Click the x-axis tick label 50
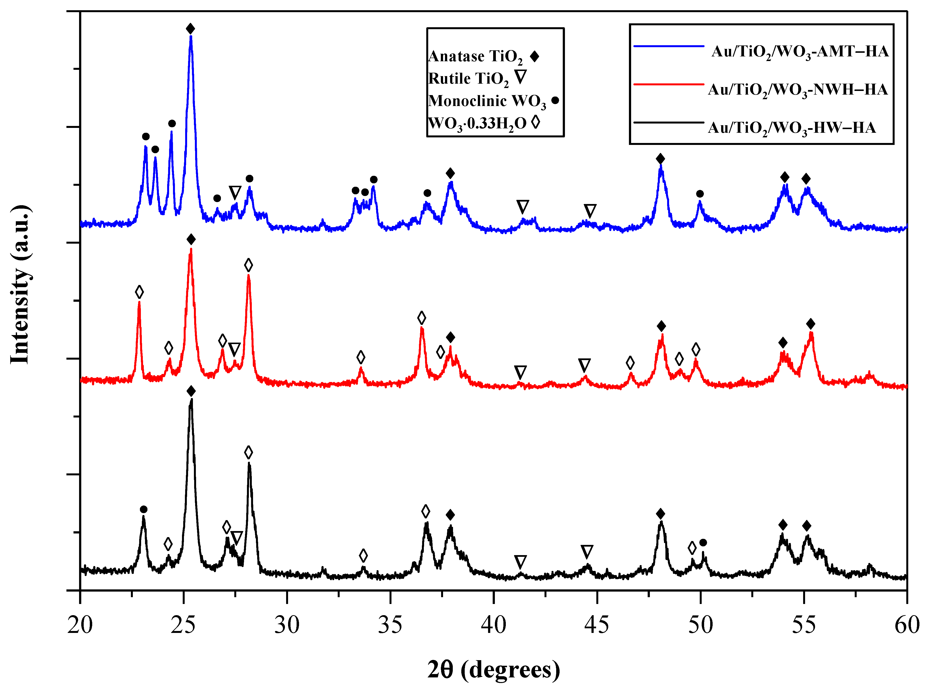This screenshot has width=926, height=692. click(700, 625)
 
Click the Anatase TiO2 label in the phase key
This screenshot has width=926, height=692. click(475, 56)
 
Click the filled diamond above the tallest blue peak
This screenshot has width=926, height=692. click(191, 29)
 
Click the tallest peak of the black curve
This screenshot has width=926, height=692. click(191, 401)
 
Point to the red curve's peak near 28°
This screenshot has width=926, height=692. click(249, 276)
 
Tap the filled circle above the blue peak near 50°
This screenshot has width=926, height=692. click(700, 194)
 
